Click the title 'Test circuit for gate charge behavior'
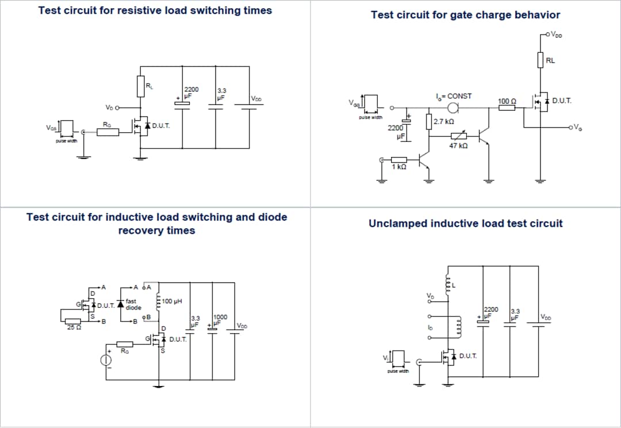465,15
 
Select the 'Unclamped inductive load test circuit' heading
465,223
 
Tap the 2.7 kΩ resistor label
444,121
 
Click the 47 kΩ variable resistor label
458,146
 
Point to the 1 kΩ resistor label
399,167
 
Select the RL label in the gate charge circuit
550,60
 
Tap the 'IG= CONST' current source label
453,96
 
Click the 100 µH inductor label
172,301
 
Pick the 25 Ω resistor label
72,328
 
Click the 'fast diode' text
133,304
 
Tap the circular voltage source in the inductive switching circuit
106,360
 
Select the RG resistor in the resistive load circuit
108,133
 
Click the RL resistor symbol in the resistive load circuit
141,86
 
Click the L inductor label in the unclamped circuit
454,286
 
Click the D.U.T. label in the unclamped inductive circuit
468,356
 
